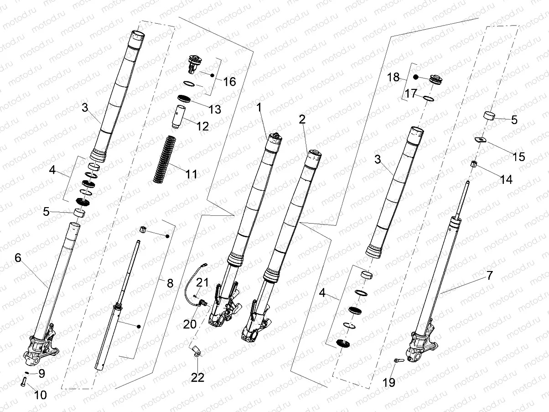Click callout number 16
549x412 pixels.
pyautogui.click(x=230, y=82)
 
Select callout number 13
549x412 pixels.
pyautogui.click(x=214, y=110)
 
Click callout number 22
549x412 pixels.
pyautogui.click(x=198, y=377)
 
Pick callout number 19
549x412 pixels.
pyautogui.click(x=389, y=382)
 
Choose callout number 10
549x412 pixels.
pyautogui.click(x=41, y=395)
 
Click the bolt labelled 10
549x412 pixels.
pyautogui.click(x=23, y=382)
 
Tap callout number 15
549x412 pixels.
pyautogui.click(x=519, y=157)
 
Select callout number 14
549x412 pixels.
pyautogui.click(x=506, y=179)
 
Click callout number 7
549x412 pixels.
pyautogui.click(x=489, y=276)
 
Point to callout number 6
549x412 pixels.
pyautogui.click(x=18, y=258)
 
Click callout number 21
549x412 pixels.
pyautogui.click(x=203, y=283)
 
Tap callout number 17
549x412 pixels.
pyautogui.click(x=411, y=94)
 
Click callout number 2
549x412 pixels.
pyautogui.click(x=301, y=120)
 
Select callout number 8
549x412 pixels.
pyautogui.click(x=170, y=283)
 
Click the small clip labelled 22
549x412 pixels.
pyautogui.click(x=196, y=351)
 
